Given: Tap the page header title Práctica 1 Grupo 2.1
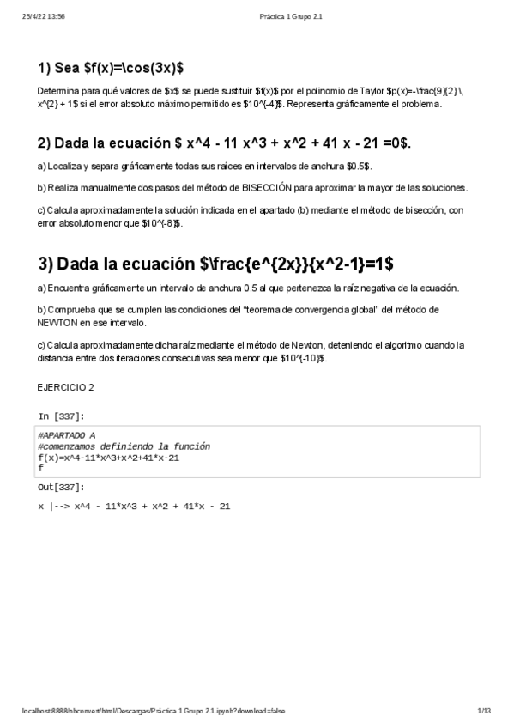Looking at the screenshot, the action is pos(290,15).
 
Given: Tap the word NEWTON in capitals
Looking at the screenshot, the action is pos(57,323).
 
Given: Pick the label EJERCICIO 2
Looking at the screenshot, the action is pos(65,387).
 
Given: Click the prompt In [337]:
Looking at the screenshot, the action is pos(61,416).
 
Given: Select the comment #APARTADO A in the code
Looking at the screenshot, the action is pos(67,436).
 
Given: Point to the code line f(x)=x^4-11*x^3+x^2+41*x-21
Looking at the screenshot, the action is pos(108,457).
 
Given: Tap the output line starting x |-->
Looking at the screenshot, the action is pos(134,507).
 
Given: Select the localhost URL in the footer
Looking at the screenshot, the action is pos(154,711).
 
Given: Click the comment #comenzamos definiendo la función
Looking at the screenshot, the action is pos(124,446).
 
